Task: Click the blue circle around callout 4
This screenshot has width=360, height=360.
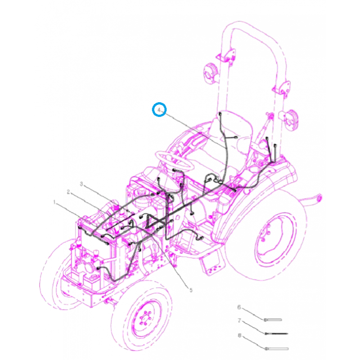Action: [159, 110]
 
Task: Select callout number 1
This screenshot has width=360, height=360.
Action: [55, 203]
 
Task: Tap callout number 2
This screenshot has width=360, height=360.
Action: [68, 192]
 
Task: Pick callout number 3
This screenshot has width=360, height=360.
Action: [82, 184]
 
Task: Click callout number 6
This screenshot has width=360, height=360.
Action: [239, 307]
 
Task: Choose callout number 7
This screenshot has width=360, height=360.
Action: [239, 321]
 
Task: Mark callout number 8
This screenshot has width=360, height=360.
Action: [239, 335]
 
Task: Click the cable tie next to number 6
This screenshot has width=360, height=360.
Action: [273, 319]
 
